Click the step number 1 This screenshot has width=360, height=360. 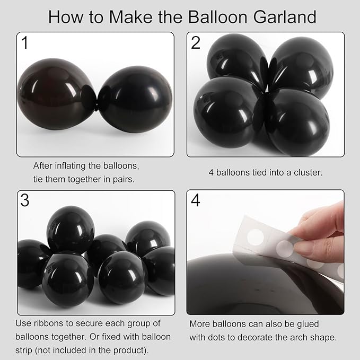(x=24, y=43)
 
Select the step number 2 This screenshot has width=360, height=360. (x=196, y=43)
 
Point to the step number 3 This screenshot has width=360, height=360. (x=24, y=201)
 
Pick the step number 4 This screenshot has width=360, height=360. (x=196, y=201)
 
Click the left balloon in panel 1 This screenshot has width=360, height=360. (x=56, y=94)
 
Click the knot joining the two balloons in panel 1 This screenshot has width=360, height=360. (x=96, y=104)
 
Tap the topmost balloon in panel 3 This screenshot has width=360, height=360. (x=70, y=229)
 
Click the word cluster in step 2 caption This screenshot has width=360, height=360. (x=302, y=172)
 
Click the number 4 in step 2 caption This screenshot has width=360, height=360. (x=210, y=172)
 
